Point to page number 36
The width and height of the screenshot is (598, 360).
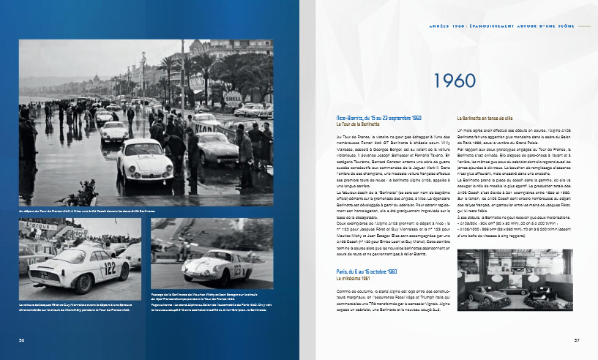(22, 340)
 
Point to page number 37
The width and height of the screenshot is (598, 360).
(577, 340)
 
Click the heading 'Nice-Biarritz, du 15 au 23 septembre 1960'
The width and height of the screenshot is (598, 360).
(378, 118)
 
